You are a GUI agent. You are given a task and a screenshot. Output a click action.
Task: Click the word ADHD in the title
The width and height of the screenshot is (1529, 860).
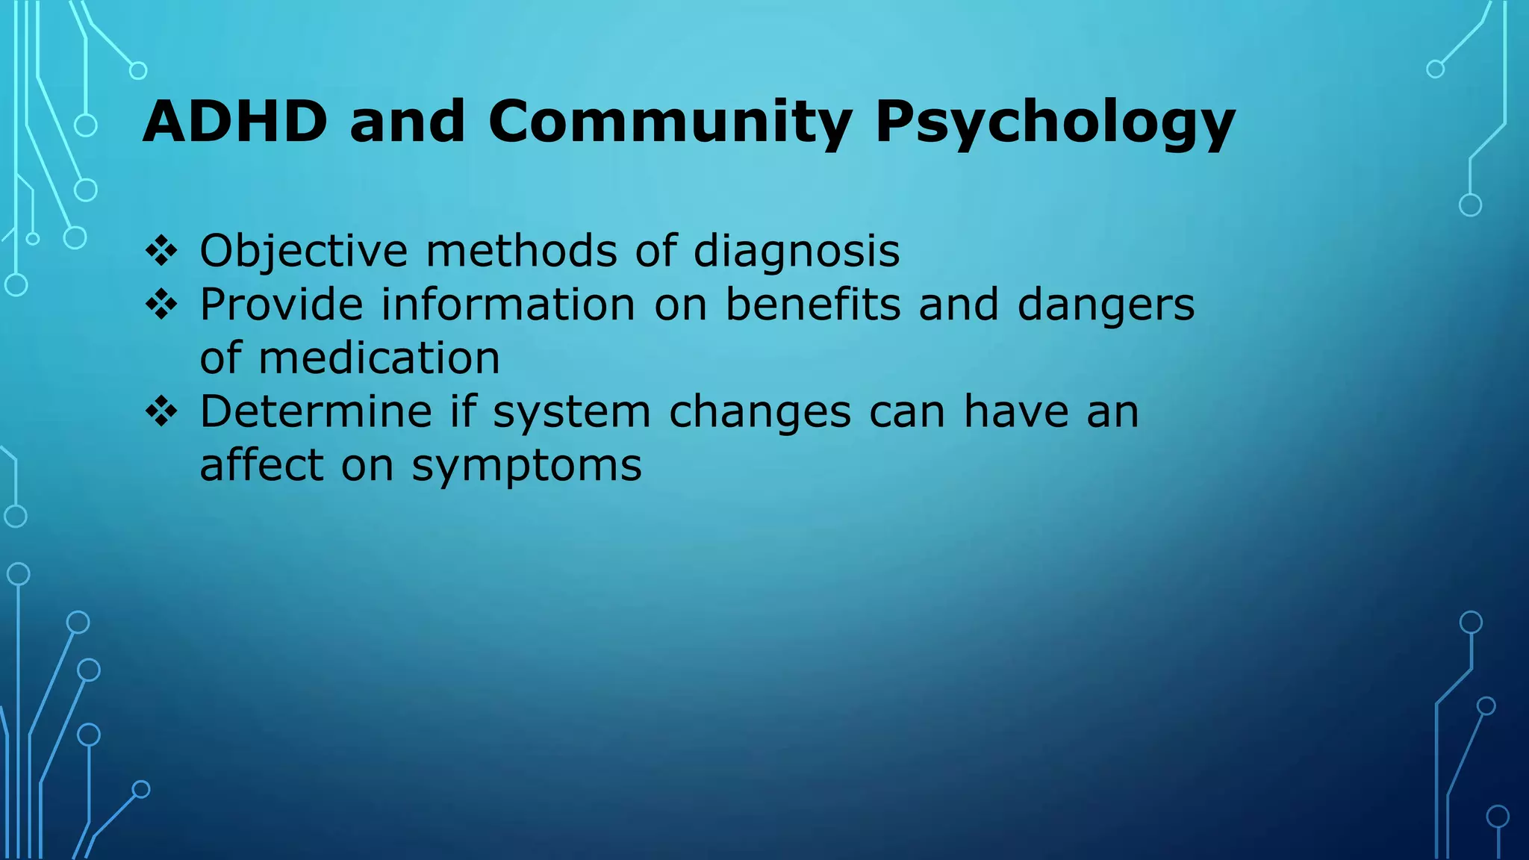(x=234, y=122)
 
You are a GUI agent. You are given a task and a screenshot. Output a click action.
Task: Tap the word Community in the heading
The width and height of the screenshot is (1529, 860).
(x=670, y=122)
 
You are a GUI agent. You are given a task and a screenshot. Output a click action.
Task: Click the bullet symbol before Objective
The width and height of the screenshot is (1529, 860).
(x=161, y=251)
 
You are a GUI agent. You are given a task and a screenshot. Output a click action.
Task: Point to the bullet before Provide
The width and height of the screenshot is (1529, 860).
(x=161, y=305)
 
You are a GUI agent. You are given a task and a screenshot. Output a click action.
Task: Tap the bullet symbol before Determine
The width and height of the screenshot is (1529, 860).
(x=161, y=411)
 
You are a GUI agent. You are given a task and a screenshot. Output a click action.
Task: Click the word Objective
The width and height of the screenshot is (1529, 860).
(x=304, y=252)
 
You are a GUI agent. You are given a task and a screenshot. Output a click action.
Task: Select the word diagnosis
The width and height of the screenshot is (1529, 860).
(x=797, y=252)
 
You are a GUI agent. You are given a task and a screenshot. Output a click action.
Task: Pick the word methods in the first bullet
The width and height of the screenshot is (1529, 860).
(x=521, y=250)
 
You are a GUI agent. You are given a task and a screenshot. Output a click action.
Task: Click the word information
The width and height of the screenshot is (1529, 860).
(x=508, y=305)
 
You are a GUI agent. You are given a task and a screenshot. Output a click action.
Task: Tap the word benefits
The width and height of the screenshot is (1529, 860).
(x=813, y=305)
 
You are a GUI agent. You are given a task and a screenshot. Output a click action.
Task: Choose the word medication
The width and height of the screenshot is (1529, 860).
(x=379, y=358)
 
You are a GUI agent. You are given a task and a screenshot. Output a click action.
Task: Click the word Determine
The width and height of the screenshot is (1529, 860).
(x=316, y=411)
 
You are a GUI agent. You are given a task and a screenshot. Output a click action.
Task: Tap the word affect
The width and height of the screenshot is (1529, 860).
(x=261, y=465)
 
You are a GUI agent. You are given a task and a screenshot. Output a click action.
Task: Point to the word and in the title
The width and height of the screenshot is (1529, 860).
(x=408, y=122)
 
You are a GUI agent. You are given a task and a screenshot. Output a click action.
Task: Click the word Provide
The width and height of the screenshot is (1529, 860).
(x=281, y=305)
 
